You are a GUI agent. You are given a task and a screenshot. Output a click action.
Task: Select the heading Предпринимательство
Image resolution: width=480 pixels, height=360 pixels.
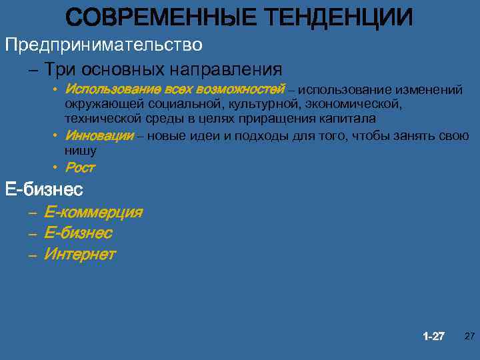(103, 45)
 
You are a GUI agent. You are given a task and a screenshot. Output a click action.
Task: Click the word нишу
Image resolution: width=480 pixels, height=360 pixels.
(81, 150)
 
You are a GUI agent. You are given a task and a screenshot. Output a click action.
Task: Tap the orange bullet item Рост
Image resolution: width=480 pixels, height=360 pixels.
(80, 167)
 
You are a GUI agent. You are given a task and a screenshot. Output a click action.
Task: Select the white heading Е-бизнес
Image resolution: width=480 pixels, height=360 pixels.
(44, 190)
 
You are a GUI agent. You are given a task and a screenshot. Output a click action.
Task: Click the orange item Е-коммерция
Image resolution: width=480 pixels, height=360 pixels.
(93, 213)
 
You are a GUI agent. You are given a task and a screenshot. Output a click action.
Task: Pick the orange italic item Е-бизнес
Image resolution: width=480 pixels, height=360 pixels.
(78, 233)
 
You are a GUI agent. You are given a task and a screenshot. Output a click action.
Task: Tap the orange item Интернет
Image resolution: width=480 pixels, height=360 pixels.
(80, 254)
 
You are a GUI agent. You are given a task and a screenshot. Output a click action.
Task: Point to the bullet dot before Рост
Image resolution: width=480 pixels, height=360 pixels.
(58, 166)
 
